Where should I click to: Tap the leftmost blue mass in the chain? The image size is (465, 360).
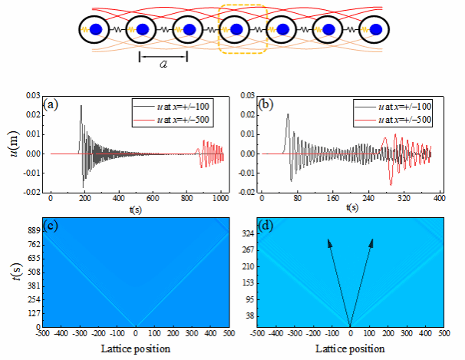tap(97, 30)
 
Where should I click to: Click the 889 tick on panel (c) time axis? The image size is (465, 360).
tap(34, 230)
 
